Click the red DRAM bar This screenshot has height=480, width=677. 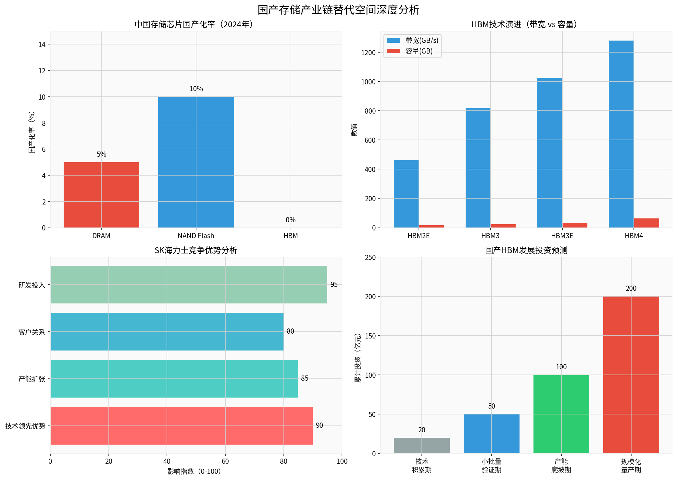click(x=101, y=195)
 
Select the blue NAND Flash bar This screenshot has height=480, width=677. click(x=196, y=162)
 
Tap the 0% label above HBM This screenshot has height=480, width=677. click(x=291, y=220)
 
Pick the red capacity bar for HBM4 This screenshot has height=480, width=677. click(x=646, y=223)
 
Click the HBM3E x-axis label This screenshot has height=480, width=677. click(x=562, y=236)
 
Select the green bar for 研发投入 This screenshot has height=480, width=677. click(x=189, y=285)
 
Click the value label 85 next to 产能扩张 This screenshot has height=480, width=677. click(x=305, y=378)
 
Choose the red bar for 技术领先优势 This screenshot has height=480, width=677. click(x=181, y=425)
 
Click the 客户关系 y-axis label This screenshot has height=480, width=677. click(x=32, y=332)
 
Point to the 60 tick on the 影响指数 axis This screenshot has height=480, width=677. click(x=225, y=461)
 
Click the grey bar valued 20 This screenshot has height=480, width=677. click(x=421, y=445)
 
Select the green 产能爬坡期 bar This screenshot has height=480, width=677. click(x=561, y=414)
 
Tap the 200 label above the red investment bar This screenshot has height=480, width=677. click(x=631, y=289)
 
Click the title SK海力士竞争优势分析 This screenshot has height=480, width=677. click(x=196, y=250)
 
